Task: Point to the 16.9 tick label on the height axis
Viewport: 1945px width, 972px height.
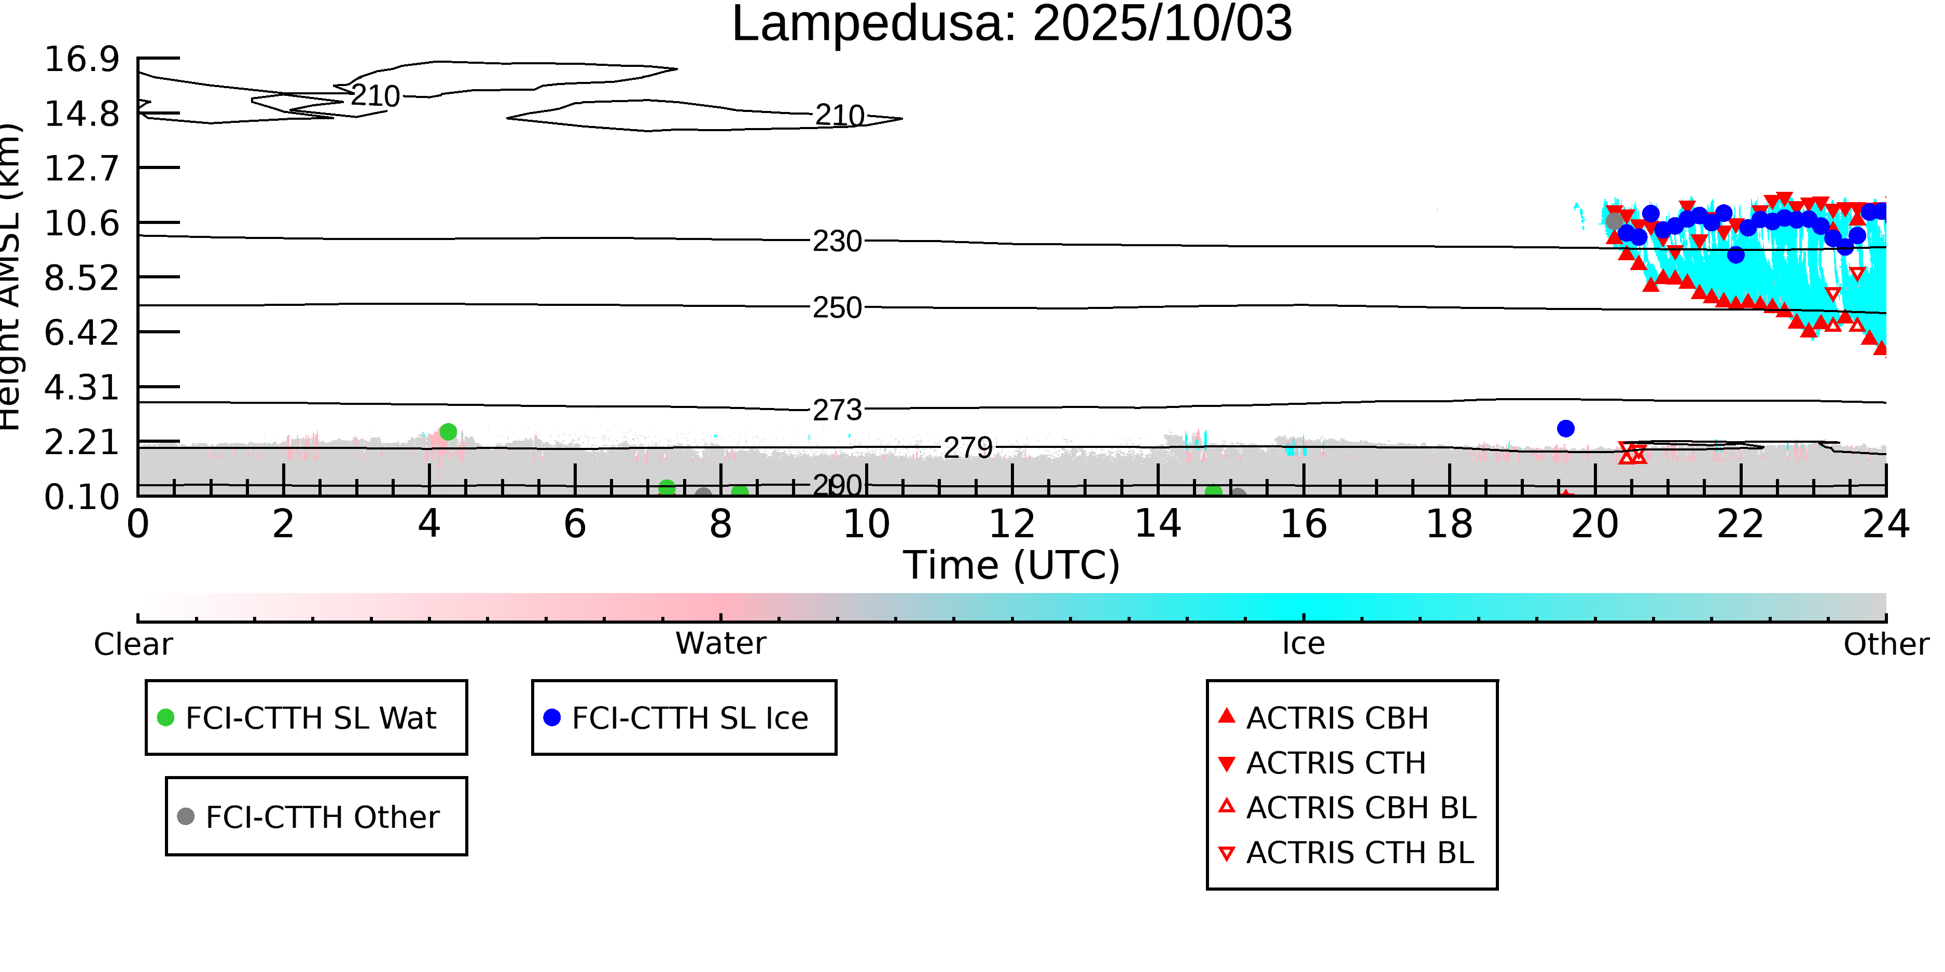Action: click(81, 60)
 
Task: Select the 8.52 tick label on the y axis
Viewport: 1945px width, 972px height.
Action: click(81, 278)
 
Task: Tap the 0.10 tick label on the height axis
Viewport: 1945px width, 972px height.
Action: click(81, 497)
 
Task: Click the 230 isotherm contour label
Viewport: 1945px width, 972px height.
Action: click(837, 242)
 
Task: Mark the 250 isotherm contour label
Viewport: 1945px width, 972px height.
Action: click(837, 308)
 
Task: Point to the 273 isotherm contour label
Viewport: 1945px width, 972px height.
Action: click(837, 410)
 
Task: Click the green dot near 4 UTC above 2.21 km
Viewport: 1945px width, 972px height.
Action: click(448, 432)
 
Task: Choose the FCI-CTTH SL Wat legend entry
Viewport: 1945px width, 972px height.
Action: click(310, 717)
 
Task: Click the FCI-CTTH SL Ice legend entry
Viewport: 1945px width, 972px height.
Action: click(689, 717)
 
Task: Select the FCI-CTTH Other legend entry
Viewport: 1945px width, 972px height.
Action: click(321, 816)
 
